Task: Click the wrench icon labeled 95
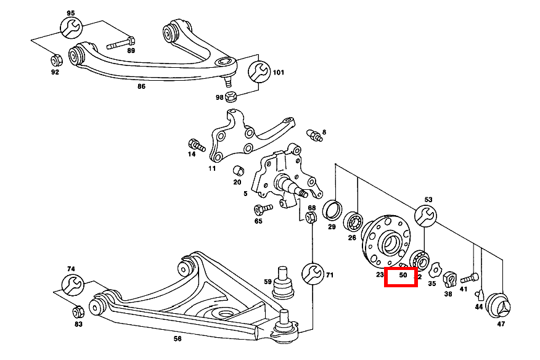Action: coord(70,28)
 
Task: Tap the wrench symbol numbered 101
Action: coord(259,72)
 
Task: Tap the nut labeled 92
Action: coord(54,60)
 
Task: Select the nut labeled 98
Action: coord(232,97)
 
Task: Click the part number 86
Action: coord(141,87)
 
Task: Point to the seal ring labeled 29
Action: coord(333,210)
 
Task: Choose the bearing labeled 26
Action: coord(354,220)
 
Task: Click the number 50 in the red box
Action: coord(403,276)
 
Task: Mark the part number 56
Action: coord(178,338)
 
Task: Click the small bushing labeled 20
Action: coord(237,170)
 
